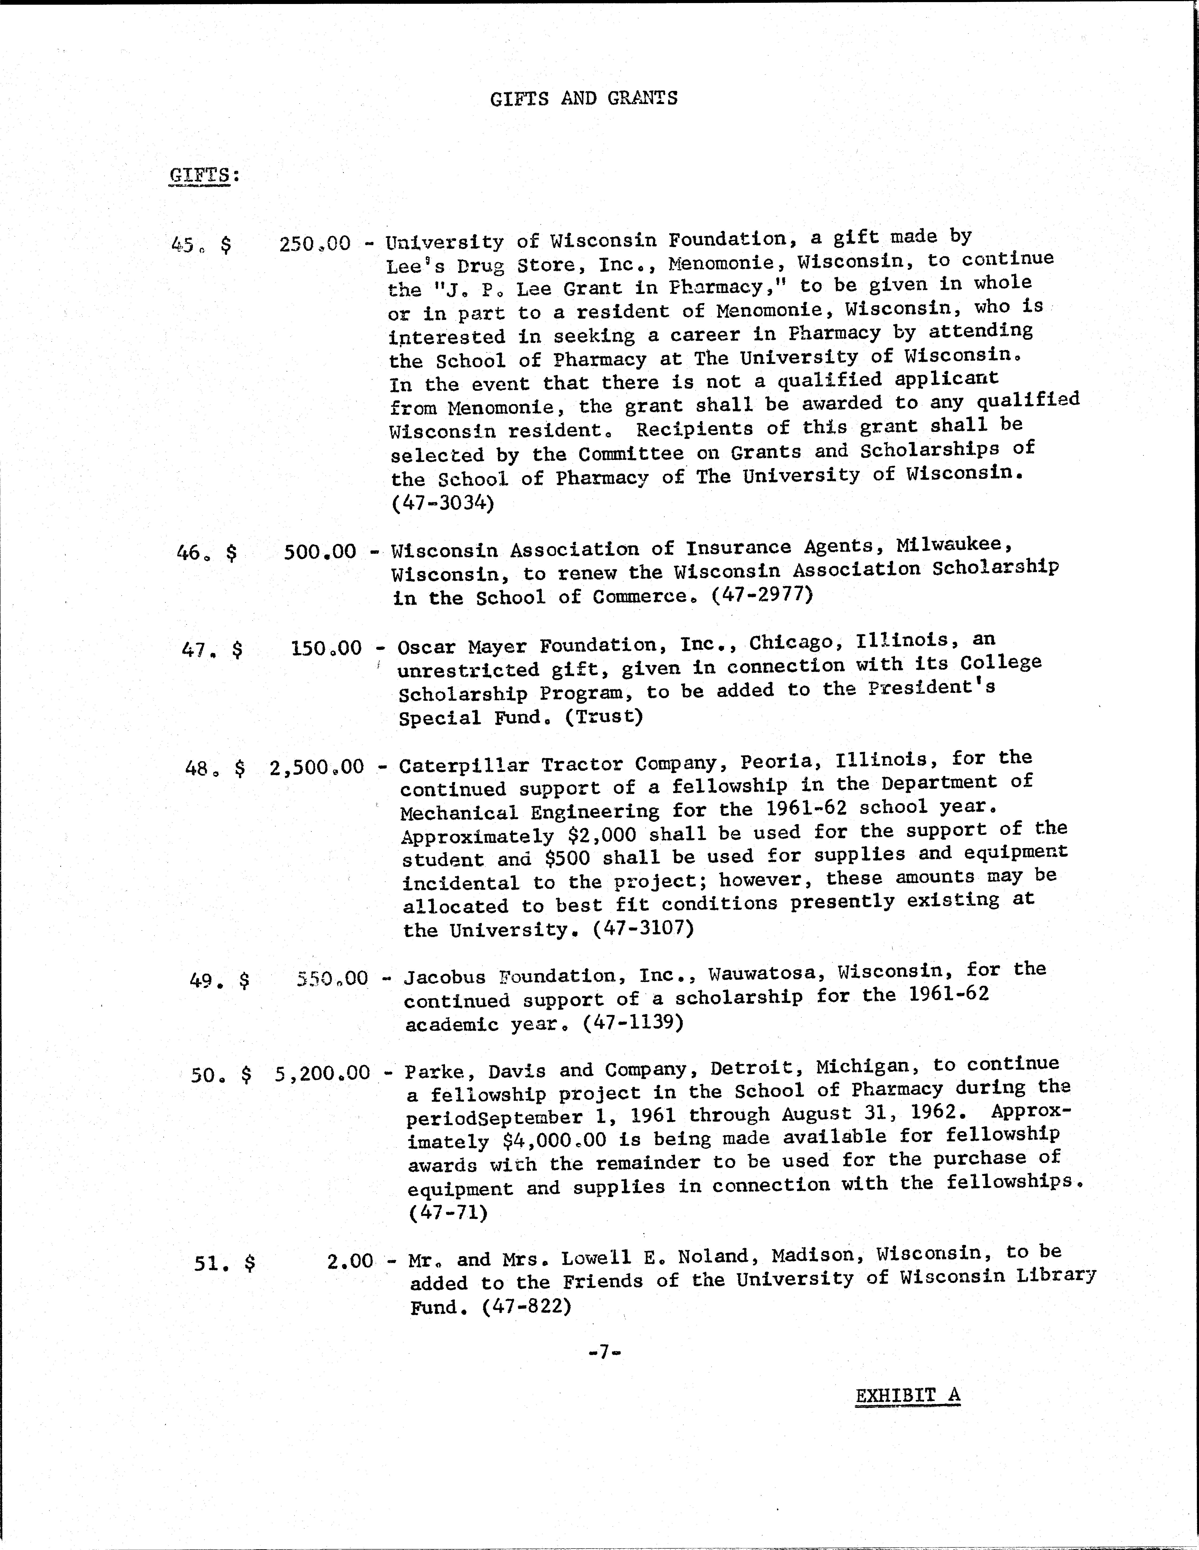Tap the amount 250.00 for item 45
pos(315,244)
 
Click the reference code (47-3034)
pos(442,503)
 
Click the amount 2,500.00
pos(317,767)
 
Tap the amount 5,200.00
pos(322,1074)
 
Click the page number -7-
pos(604,1353)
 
